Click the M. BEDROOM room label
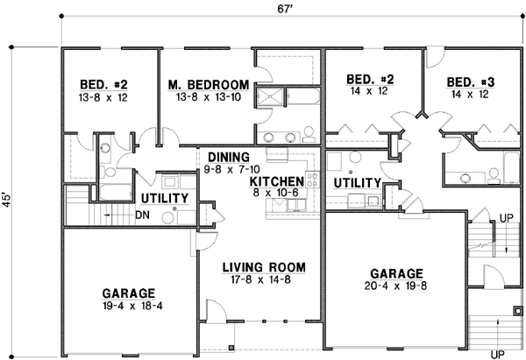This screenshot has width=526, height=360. pyautogui.click(x=208, y=84)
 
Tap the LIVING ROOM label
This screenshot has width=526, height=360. pyautogui.click(x=262, y=266)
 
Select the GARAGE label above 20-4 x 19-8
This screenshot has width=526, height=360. pyautogui.click(x=396, y=272)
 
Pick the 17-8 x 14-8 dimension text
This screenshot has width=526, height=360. pyautogui.click(x=262, y=279)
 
